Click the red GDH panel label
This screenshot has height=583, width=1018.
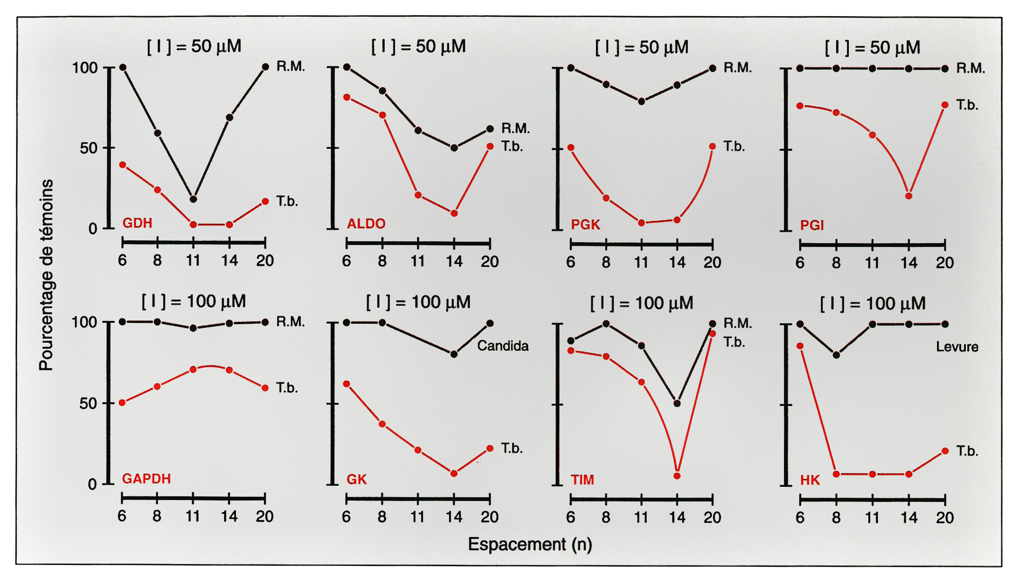coord(137,223)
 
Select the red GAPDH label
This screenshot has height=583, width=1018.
coord(146,479)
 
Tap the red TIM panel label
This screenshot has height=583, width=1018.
coord(582,480)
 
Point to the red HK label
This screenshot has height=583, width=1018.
coord(810,480)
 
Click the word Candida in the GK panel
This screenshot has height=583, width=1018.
coord(503,346)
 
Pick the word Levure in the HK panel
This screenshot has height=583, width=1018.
coord(957,346)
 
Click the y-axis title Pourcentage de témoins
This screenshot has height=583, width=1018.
coord(46,275)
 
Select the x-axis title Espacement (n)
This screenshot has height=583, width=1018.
coord(530,544)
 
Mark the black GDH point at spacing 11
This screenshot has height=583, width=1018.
coord(193,199)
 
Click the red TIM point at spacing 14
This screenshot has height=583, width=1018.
coord(677,475)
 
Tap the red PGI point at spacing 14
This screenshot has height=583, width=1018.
coord(909,196)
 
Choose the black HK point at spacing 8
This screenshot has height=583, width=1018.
coord(836,355)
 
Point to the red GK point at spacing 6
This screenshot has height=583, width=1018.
coord(347,384)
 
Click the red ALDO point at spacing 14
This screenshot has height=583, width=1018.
coord(454,213)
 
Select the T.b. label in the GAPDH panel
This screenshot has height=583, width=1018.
coord(287,388)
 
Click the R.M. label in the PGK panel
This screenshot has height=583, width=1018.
coord(737,68)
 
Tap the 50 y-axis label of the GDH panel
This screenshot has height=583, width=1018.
coord(88,148)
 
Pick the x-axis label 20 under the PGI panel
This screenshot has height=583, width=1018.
coord(945,263)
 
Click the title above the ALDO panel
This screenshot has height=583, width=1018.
coord(418,46)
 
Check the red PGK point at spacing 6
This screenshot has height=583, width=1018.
coord(571,148)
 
